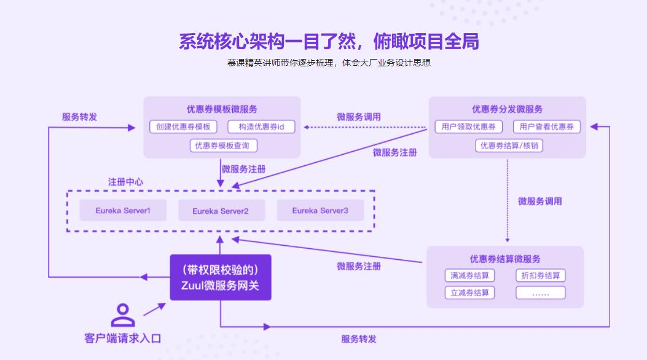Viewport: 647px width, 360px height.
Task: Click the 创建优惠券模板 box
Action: pos(183,127)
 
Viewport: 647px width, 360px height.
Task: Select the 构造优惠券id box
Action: pos(261,127)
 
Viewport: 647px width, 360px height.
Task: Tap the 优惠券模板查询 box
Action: pos(223,146)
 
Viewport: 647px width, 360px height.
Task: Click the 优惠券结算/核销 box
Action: pos(509,146)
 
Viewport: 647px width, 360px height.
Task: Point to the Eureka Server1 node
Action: pos(123,211)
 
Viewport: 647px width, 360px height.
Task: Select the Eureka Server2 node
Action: pos(221,211)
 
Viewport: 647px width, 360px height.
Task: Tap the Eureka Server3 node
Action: pos(320,211)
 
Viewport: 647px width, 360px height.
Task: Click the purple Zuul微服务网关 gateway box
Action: pos(221,278)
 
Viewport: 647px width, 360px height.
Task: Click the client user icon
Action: pos(122,315)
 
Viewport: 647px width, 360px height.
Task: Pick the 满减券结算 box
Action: pos(469,276)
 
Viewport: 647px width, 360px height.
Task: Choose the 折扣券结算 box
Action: pos(540,276)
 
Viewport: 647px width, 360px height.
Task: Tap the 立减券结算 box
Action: pos(469,293)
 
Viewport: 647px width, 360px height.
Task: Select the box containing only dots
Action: pos(540,293)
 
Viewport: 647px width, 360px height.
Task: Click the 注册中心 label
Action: pos(126,182)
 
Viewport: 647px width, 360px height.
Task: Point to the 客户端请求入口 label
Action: pos(122,338)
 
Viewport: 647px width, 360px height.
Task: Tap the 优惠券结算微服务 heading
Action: pos(505,259)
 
